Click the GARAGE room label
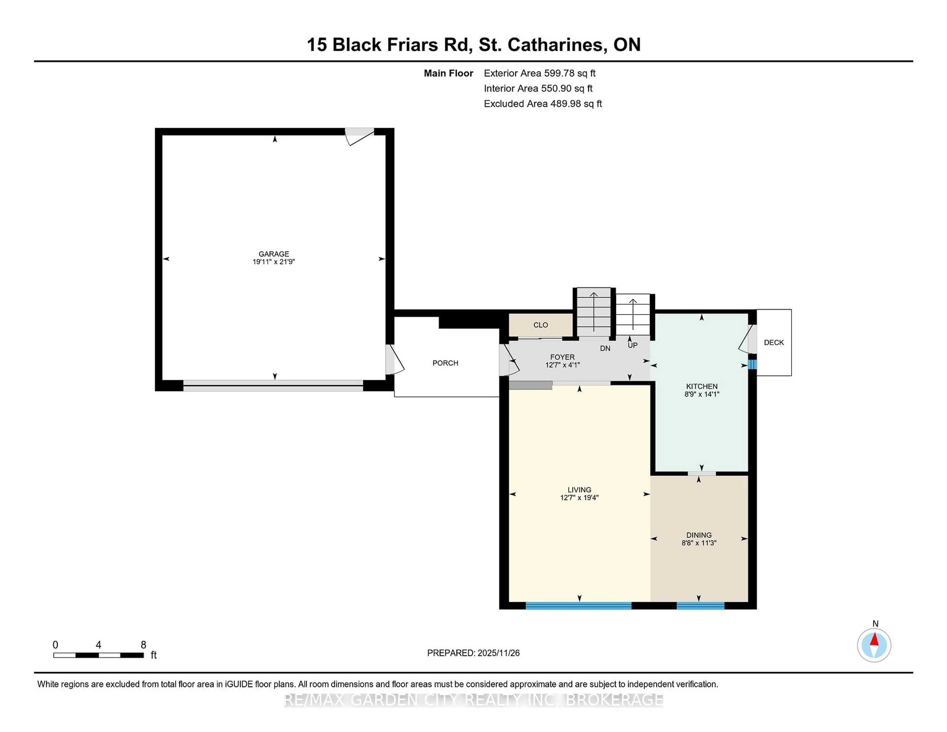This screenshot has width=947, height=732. (273, 254)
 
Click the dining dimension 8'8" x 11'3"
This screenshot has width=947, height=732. (699, 543)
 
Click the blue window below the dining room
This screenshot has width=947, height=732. (700, 605)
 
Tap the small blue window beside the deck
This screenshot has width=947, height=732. (752, 364)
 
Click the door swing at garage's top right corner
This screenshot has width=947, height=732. (360, 136)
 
